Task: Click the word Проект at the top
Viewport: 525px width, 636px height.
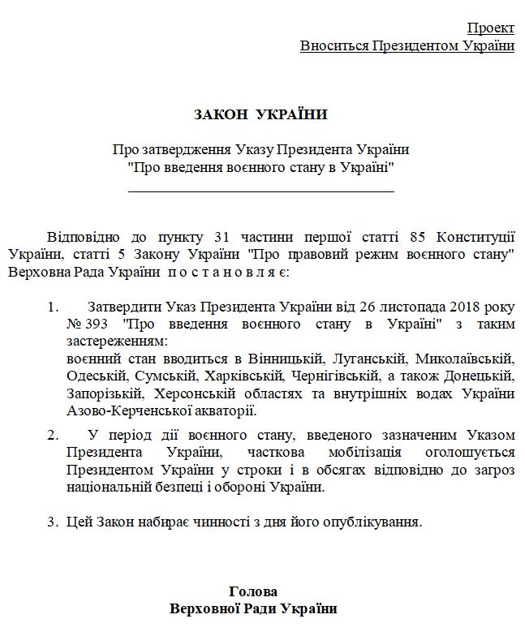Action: click(490, 28)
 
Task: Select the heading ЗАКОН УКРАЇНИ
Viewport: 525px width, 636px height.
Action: click(260, 114)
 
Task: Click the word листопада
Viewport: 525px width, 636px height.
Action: click(395, 307)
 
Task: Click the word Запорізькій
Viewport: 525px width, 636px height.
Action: click(103, 393)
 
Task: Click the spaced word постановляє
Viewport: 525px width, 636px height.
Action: click(223, 271)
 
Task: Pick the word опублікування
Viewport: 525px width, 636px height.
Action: click(378, 522)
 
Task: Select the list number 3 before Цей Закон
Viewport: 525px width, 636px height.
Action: click(51, 522)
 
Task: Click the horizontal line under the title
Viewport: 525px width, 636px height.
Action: click(261, 191)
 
